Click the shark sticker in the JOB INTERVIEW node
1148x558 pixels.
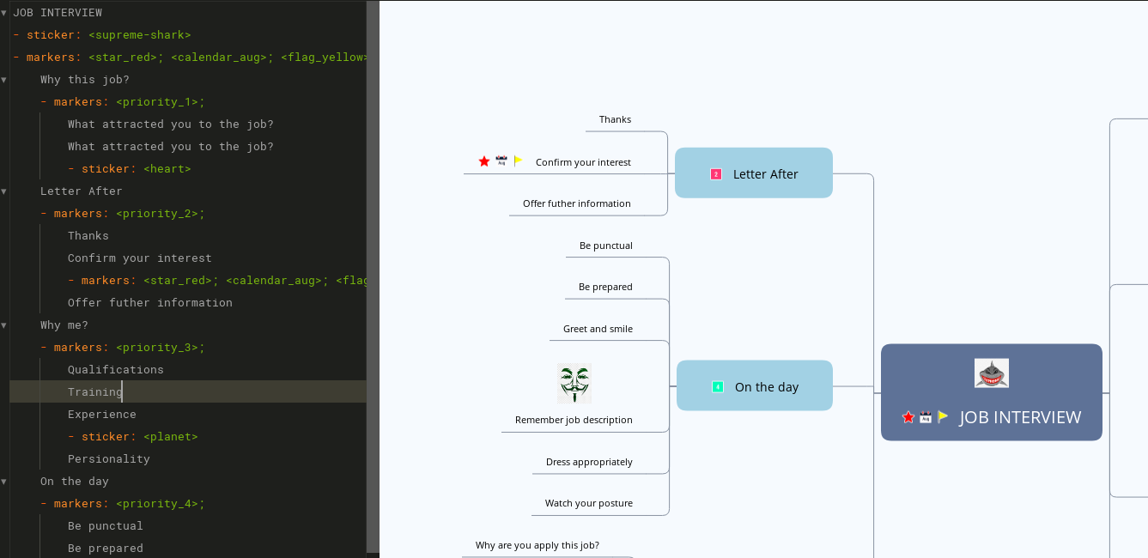991,373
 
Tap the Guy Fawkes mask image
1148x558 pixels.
574,383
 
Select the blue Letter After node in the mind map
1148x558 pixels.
753,173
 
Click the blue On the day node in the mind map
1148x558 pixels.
754,386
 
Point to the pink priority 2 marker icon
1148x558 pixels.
716,174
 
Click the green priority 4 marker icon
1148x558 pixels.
718,387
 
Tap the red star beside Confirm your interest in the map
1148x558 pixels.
484,161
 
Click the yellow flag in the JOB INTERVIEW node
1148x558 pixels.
943,416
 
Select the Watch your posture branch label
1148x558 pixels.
588,503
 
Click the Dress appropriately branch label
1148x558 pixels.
589,462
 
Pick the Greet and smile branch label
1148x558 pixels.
598,329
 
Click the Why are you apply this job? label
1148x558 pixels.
538,545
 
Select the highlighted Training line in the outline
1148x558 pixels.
94,391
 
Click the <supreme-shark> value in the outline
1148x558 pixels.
139,35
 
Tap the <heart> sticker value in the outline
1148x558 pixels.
167,169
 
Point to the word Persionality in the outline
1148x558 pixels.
108,459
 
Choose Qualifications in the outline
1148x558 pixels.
115,370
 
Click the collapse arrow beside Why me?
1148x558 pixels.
4,325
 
